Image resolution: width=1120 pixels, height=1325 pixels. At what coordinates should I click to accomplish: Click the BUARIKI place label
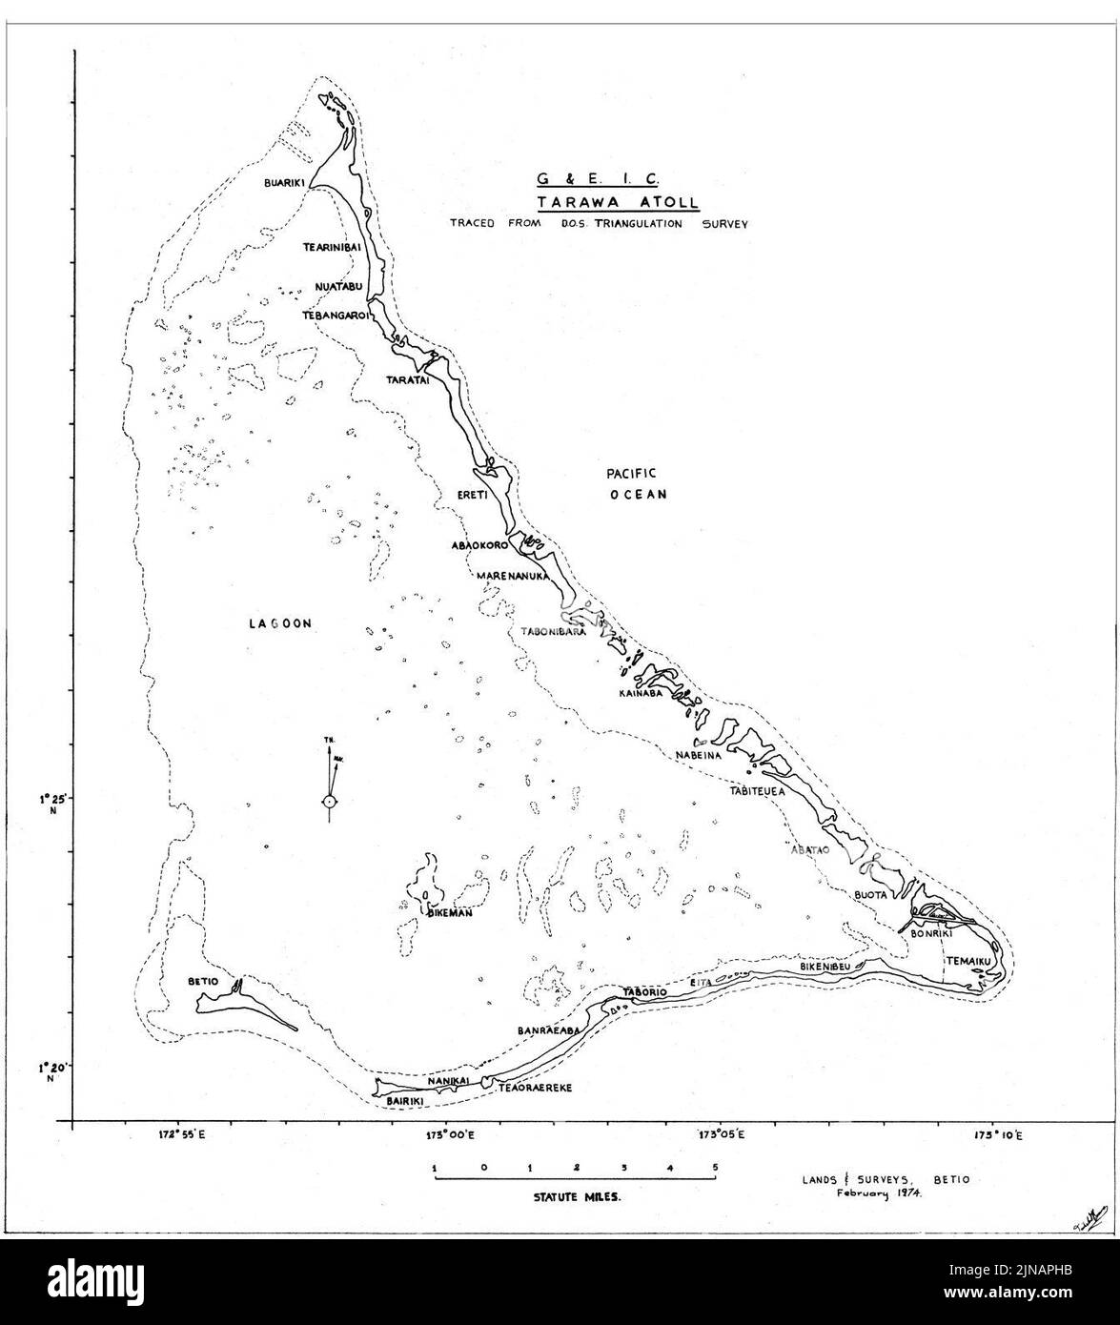point(282,187)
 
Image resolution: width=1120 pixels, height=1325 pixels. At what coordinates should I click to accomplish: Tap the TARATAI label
point(407,379)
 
